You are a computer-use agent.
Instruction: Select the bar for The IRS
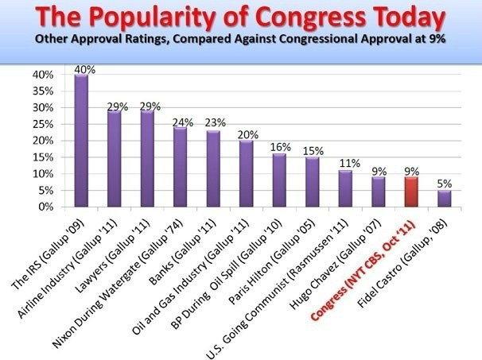pyautogui.click(x=81, y=141)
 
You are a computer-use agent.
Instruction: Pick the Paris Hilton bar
pyautogui.click(x=312, y=182)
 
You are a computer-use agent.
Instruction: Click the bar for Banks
pyautogui.click(x=213, y=168)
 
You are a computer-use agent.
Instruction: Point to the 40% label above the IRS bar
pyautogui.click(x=82, y=69)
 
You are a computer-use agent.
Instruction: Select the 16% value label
pyautogui.click(x=279, y=148)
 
